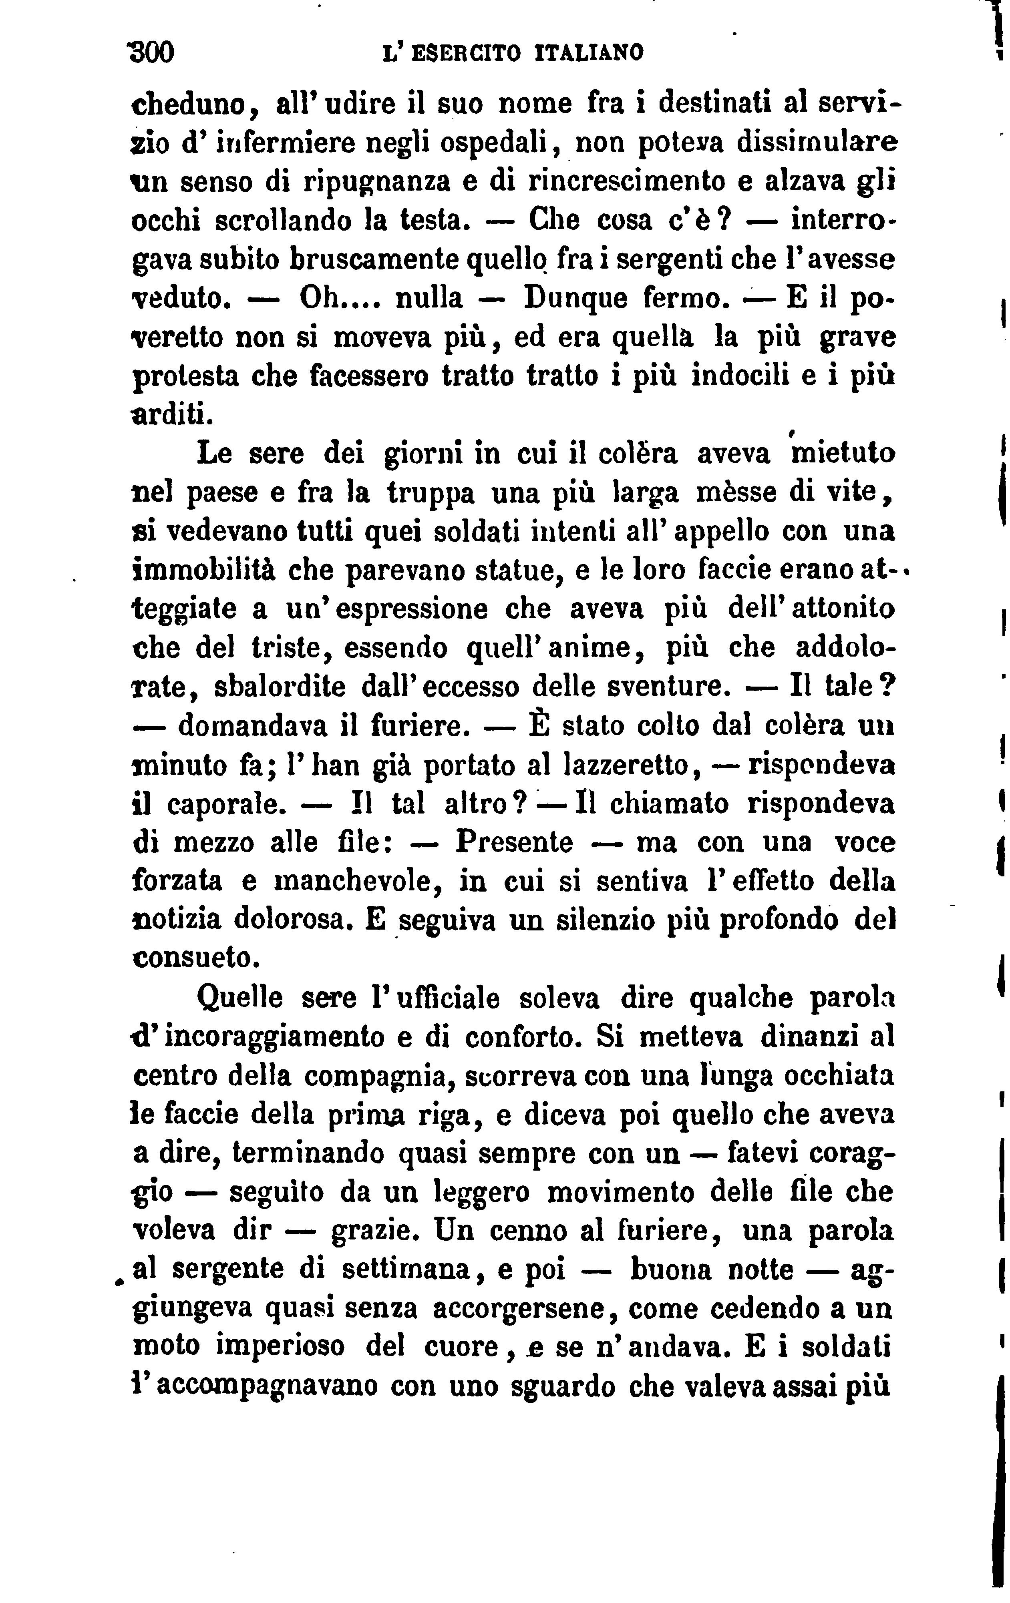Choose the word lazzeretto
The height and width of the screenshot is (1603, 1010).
(625, 765)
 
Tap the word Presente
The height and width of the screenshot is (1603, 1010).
(514, 843)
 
